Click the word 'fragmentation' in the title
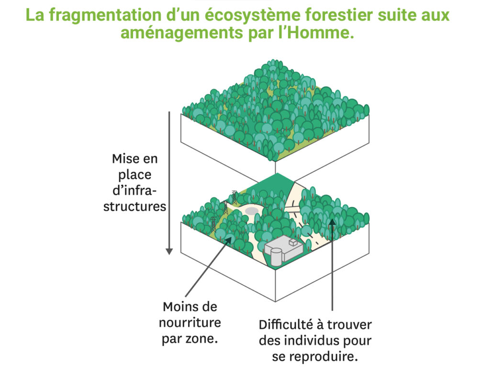105,15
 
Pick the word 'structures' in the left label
134,206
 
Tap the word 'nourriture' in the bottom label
189,322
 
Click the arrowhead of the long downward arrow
169,251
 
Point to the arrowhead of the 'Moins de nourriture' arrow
229,240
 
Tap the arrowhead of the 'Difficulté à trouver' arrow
332,222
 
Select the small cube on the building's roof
293,242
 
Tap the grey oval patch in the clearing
251,211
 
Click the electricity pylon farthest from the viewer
234,197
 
